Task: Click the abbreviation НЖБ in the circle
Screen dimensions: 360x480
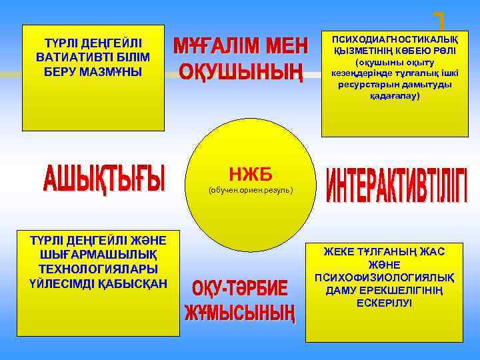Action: (x=250, y=175)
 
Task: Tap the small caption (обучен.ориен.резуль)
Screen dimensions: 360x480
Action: (x=250, y=191)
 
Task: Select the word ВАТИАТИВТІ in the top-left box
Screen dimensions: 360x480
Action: (x=93, y=57)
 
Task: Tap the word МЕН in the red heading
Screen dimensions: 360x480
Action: (x=283, y=47)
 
